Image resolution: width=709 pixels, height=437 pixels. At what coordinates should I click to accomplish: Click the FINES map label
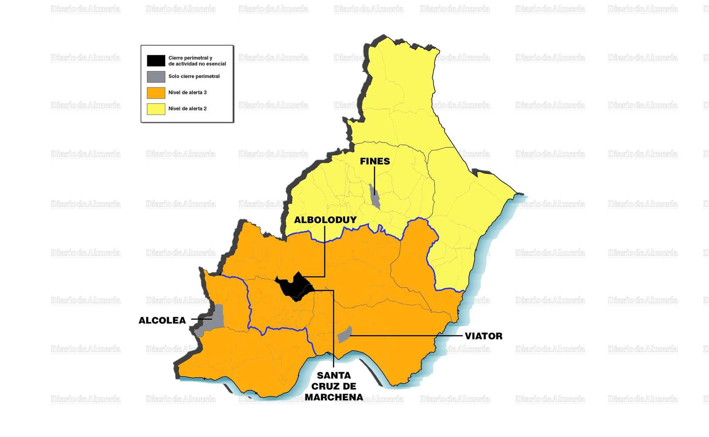(375, 161)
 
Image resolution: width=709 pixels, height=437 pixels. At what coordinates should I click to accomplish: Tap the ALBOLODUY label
(325, 220)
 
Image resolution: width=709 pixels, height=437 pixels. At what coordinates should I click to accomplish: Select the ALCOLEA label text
(162, 320)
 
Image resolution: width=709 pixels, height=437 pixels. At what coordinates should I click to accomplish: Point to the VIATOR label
(483, 336)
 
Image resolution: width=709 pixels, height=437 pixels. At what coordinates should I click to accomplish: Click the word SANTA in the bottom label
(334, 375)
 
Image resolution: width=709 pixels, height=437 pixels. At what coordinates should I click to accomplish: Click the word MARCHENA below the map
(334, 398)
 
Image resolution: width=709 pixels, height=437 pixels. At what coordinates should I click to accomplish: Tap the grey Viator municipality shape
(344, 335)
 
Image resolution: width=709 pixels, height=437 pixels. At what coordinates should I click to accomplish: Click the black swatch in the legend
(156, 61)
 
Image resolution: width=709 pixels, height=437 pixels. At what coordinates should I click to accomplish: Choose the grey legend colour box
(156, 77)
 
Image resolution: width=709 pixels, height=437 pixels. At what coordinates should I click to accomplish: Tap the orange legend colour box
(156, 93)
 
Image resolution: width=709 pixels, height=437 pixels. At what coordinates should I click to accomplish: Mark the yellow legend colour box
(156, 109)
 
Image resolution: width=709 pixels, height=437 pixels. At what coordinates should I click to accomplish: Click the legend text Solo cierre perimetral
(194, 76)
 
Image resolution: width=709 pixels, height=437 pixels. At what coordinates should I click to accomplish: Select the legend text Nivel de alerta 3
(187, 92)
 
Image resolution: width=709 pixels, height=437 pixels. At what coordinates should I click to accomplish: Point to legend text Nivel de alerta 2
(187, 109)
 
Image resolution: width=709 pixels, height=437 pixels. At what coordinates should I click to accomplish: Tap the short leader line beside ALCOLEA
(201, 319)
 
